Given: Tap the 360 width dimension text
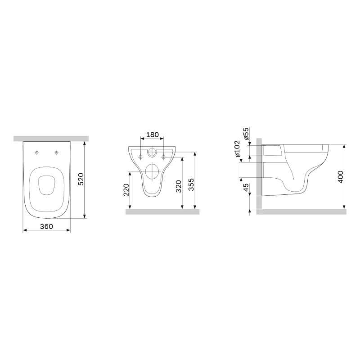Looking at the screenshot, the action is (x=47, y=226).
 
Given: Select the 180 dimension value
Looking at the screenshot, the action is (x=153, y=135).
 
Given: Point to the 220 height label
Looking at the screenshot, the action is (x=126, y=189).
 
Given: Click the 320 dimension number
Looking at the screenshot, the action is (x=179, y=186).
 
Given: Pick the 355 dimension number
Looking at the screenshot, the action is (x=191, y=184).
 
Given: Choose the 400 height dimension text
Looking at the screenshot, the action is (x=341, y=177).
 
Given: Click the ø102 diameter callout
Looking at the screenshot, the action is (x=237, y=148).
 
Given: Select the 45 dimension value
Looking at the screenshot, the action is (x=246, y=188).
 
